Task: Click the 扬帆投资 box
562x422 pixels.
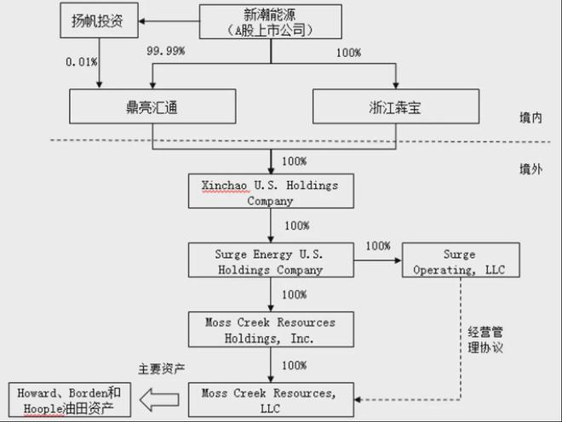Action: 99,21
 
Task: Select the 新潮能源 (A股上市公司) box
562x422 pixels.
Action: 272,21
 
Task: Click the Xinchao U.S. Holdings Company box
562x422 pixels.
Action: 270,192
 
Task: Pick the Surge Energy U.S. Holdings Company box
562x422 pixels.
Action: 270,261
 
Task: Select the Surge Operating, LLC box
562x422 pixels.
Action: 459,261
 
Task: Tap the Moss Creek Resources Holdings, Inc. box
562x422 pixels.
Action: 270,329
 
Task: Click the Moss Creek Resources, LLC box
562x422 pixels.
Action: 270,399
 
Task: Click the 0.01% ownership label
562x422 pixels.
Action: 82,61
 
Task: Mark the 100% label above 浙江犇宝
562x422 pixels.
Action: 348,53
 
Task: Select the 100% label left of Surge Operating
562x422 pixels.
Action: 378,247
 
